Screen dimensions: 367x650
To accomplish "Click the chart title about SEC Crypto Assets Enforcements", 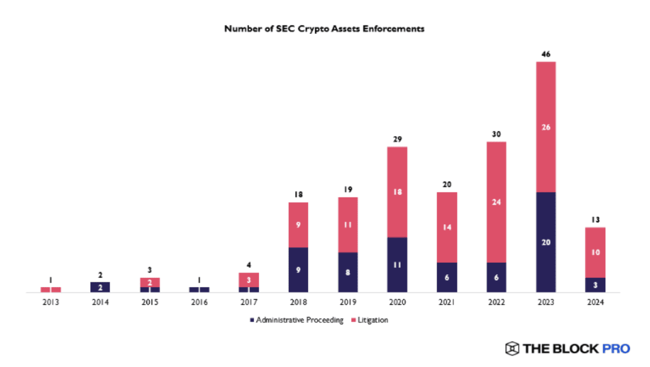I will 324,28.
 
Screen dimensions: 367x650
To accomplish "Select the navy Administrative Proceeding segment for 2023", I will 546,242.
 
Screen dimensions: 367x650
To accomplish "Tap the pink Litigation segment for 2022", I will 496,202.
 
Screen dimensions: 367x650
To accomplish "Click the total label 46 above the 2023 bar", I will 546,55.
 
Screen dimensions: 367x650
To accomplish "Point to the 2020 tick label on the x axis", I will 397,301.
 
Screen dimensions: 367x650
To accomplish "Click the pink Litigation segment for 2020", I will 397,191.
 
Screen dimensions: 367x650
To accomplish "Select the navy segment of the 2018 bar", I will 298,270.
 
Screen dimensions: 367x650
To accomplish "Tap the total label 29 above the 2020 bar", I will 397,139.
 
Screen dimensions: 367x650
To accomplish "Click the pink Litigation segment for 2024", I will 596,252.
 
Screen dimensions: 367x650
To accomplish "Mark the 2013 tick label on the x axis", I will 51,301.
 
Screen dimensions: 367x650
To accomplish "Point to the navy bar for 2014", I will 100,287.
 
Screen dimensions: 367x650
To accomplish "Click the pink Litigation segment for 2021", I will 447,227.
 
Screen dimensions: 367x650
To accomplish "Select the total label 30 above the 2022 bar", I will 496,134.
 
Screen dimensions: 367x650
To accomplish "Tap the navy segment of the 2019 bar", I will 348,273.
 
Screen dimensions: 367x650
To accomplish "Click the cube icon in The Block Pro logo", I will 512,348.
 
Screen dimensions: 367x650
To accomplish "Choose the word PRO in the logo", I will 616,348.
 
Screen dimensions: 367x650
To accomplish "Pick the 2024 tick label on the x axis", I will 596,301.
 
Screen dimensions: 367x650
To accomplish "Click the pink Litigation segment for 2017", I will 249,280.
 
